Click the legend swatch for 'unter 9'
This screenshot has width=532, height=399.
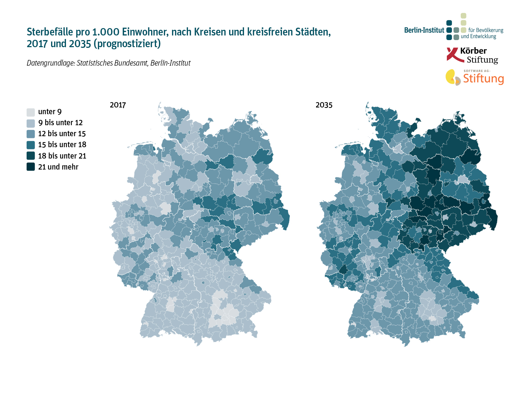[x=31, y=112]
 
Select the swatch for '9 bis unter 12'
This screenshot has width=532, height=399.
[x=31, y=123]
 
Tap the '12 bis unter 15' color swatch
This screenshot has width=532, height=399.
[x=31, y=134]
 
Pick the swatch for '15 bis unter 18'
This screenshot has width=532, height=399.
[x=31, y=145]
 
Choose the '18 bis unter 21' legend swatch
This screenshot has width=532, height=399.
[x=31, y=156]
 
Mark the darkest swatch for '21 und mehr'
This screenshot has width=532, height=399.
[x=31, y=167]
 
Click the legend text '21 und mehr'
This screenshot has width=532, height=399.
[x=58, y=167]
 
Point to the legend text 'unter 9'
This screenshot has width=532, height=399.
[x=50, y=112]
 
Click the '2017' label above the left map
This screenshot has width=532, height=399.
[x=118, y=105]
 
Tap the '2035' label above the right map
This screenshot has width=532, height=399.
[x=324, y=105]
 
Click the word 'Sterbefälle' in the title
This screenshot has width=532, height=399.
[x=50, y=32]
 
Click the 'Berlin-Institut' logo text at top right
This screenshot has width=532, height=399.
[x=424, y=31]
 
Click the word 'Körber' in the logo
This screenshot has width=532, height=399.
[x=473, y=51]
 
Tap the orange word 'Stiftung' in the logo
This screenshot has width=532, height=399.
[x=483, y=78]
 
